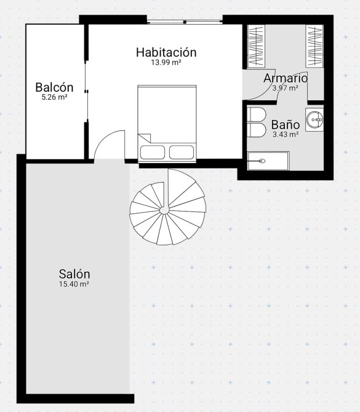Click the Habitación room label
[166, 52]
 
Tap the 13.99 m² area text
[166, 63]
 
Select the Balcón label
[54, 87]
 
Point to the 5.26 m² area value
[54, 97]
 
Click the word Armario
[286, 78]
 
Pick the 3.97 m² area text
[286, 88]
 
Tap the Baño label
[286, 125]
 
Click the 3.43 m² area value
[286, 135]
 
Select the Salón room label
[74, 274]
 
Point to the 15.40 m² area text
[74, 284]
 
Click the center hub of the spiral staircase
[164, 210]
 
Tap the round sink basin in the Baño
[315, 119]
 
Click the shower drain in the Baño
[262, 161]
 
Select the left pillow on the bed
[153, 153]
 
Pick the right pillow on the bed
[182, 153]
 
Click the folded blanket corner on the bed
[145, 138]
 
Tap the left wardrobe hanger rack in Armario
[257, 46]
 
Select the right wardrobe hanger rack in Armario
[314, 46]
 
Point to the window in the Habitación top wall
[185, 22]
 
